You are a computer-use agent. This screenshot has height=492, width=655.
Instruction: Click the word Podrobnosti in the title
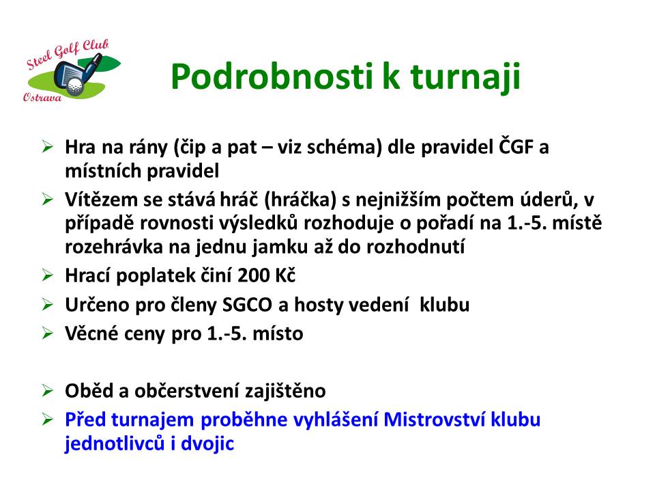point(272,76)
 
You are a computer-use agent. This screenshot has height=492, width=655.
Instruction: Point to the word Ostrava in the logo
point(42,97)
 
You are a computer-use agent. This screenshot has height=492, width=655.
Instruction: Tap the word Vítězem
point(101,199)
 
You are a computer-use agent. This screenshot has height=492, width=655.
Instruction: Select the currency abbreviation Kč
point(285,275)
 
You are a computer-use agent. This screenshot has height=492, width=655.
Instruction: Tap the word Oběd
point(89,391)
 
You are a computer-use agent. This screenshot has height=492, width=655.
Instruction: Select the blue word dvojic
point(207,444)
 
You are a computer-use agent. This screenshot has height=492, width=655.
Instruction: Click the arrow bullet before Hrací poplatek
point(48,275)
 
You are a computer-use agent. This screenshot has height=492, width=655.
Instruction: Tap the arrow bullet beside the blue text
point(48,419)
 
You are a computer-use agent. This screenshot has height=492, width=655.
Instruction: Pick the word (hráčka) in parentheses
point(300,200)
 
